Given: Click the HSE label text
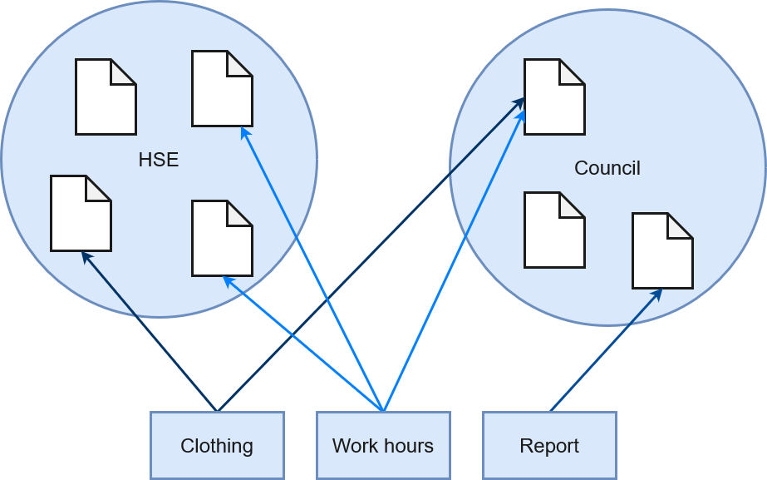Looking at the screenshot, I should (159, 160).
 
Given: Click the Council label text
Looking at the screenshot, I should (607, 168).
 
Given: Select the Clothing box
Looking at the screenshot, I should (217, 445).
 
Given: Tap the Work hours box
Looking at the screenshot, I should (383, 445).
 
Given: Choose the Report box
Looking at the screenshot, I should (549, 445).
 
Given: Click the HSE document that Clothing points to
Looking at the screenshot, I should (81, 213).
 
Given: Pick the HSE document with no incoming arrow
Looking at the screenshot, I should (106, 96).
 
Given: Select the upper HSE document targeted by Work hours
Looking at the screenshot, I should (222, 88).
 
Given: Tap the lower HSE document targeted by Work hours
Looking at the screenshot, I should (222, 238).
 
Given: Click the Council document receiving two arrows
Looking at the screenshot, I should (554, 96).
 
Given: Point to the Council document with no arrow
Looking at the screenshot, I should (554, 230).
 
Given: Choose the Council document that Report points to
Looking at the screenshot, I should (662, 250).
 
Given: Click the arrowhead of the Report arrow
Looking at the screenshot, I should (657, 293).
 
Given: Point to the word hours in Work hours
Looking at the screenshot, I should (409, 445).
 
